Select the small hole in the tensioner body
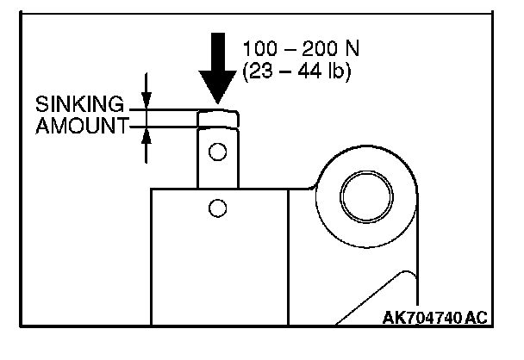pyautogui.click(x=217, y=208)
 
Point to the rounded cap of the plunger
pyautogui.click(x=218, y=118)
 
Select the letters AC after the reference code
pyautogui.click(x=474, y=318)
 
